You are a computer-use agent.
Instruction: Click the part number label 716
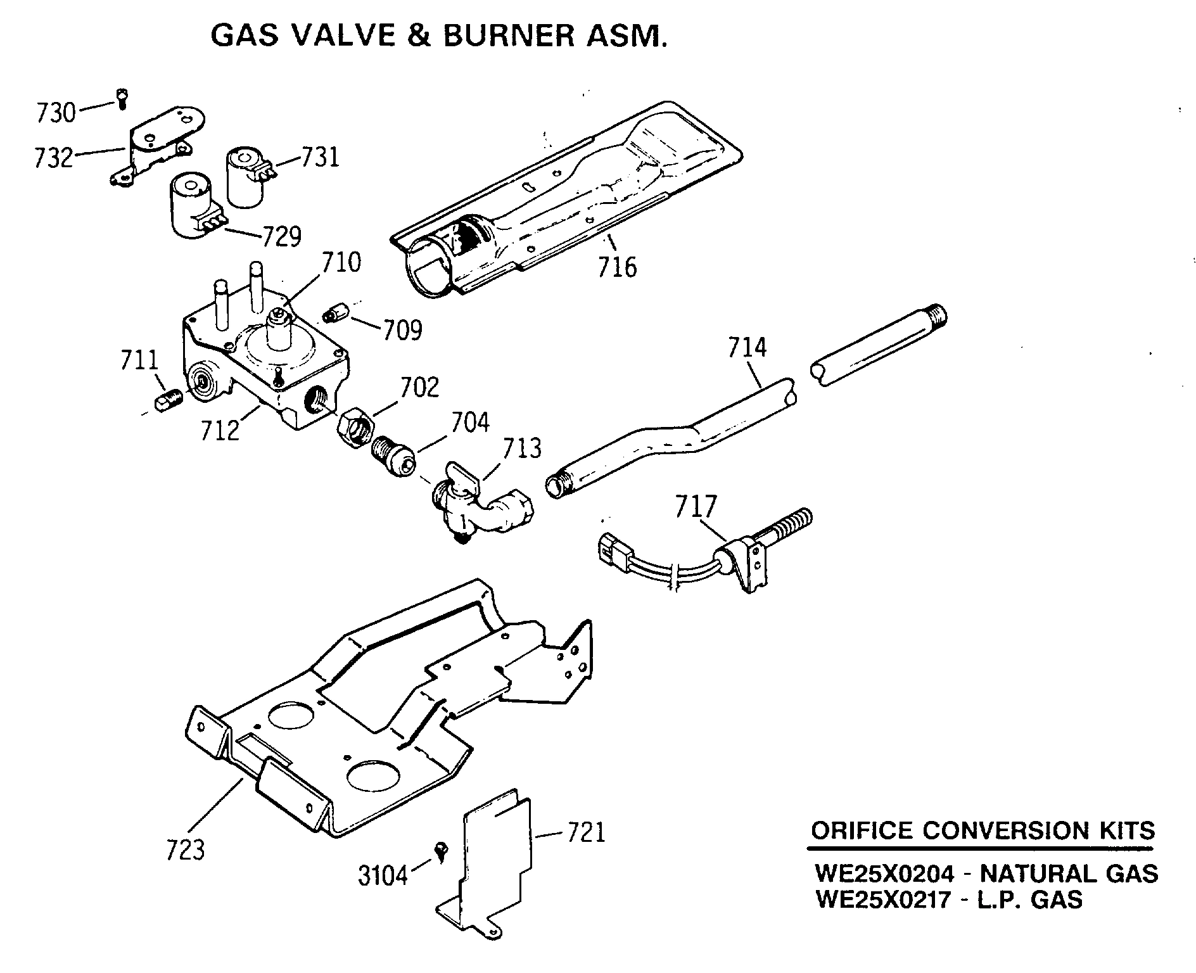click(x=617, y=267)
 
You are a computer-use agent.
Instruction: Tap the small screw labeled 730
click(x=122, y=98)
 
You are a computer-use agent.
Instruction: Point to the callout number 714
click(x=747, y=348)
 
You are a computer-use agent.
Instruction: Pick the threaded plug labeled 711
click(x=169, y=400)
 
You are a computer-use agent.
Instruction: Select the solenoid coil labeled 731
click(x=245, y=177)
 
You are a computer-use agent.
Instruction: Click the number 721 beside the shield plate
click(x=585, y=832)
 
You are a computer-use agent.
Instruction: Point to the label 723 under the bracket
click(x=186, y=850)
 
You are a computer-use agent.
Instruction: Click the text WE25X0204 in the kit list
click(x=883, y=874)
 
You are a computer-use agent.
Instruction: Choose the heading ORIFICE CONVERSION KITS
click(x=983, y=830)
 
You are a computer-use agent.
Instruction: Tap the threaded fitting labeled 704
click(x=393, y=455)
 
